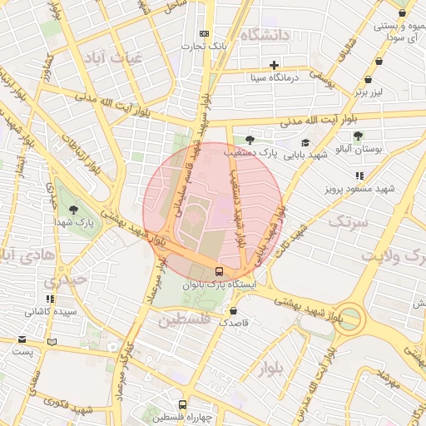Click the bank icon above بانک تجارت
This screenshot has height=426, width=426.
point(204,33)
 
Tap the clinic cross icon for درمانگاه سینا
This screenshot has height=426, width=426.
point(274,65)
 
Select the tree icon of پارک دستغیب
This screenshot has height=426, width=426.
point(249,141)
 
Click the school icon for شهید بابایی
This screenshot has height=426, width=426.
point(305,142)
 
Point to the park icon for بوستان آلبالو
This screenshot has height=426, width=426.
point(358,136)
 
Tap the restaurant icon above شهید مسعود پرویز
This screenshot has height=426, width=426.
point(359,176)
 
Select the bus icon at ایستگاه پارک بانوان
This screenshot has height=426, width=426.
point(219,270)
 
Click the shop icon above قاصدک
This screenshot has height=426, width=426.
point(232,310)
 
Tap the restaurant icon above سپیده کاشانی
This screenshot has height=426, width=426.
point(50,299)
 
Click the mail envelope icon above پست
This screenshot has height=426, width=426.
point(22,339)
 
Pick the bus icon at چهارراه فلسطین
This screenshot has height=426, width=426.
point(183,404)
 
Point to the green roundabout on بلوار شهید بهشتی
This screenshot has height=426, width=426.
point(349,319)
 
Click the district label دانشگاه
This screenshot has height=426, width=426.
point(265,35)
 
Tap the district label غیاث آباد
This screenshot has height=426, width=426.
point(112,57)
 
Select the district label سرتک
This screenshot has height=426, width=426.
point(348,221)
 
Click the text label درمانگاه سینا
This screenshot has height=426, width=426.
point(275,77)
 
